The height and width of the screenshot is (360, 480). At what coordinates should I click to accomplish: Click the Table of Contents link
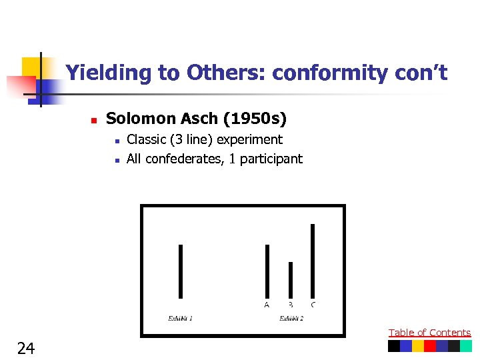429,333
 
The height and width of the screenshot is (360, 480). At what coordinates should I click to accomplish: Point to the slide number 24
26,347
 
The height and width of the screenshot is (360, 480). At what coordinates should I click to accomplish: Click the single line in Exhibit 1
181,271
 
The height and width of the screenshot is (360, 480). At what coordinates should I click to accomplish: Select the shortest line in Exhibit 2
291,279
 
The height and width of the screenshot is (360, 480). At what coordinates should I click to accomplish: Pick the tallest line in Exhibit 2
313,260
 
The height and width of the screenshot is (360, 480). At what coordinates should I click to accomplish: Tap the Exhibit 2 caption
291,319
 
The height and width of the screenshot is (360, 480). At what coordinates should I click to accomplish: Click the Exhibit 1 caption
180,319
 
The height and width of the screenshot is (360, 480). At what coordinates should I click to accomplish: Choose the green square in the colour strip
466,346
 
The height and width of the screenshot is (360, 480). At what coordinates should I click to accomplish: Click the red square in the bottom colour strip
430,346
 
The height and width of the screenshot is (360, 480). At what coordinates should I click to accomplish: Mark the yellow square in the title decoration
31,67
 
